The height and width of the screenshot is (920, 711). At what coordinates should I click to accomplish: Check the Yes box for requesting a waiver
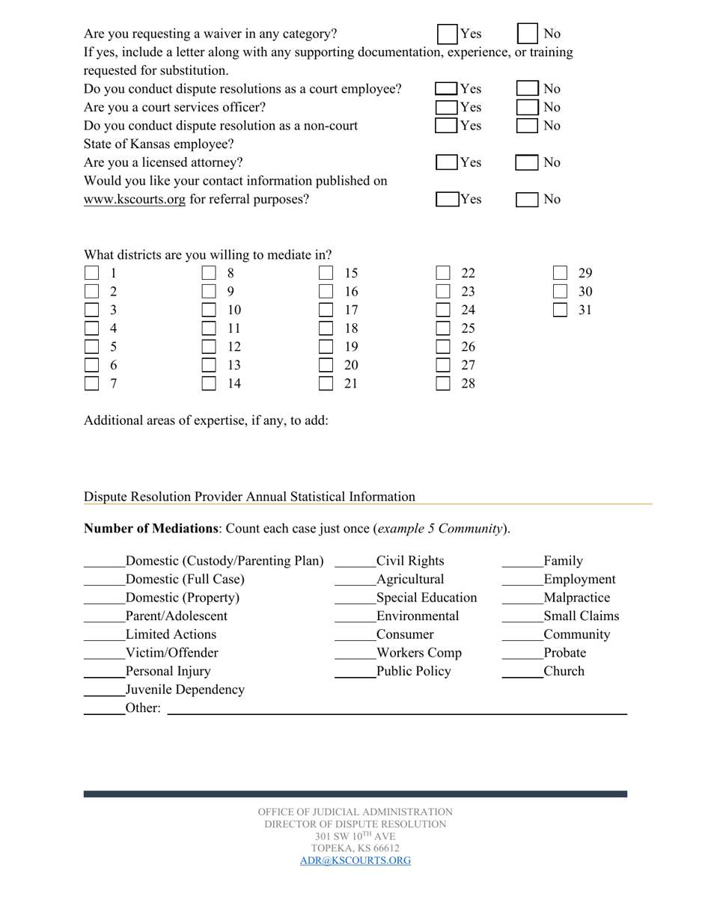[x=448, y=34]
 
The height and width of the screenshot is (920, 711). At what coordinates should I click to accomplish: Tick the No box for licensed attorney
[x=528, y=162]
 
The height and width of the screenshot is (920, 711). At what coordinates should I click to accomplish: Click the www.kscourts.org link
[x=134, y=200]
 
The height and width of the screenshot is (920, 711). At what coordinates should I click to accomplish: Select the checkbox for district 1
[x=91, y=273]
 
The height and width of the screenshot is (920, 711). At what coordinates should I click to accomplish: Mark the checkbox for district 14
[x=209, y=384]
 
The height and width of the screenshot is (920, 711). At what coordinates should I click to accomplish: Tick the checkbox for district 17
[x=326, y=310]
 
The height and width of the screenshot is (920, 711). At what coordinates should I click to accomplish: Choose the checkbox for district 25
[x=443, y=328]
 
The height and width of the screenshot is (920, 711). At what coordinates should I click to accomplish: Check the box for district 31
[x=560, y=310]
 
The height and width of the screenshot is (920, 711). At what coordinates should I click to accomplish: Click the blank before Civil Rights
[x=355, y=565]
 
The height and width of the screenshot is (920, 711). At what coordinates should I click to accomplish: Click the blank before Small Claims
[x=522, y=620]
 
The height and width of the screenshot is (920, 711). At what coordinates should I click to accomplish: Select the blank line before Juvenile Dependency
[x=104, y=693]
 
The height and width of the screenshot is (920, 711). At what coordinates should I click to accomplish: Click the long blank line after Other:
[x=397, y=712]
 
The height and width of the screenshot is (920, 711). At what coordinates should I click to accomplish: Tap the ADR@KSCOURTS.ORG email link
[x=355, y=860]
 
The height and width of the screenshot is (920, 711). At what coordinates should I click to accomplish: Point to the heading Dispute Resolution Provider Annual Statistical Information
[x=249, y=497]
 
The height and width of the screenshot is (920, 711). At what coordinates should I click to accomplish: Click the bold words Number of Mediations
[x=150, y=529]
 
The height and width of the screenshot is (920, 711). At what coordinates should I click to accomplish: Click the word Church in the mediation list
[x=564, y=671]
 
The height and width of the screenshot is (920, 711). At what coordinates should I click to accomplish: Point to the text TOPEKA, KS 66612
[x=355, y=848]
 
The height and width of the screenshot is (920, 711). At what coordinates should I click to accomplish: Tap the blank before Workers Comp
[x=355, y=657]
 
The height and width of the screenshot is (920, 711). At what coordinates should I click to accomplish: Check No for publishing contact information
[x=528, y=200]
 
